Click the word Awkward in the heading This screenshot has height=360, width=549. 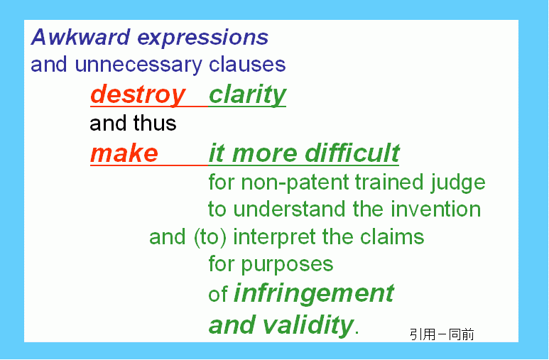click(80, 37)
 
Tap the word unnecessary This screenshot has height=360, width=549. click(138, 65)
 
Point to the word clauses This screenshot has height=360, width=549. click(247, 65)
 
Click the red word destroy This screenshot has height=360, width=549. click(138, 95)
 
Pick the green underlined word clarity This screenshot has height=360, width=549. click(248, 95)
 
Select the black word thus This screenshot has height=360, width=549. click(154, 124)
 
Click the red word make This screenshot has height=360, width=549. click(124, 154)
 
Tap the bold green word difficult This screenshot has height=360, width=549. click(352, 153)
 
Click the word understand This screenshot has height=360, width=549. click(290, 209)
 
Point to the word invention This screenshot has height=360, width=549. click(435, 209)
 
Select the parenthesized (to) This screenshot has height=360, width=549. click(210, 237)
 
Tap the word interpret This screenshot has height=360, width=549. click(274, 237)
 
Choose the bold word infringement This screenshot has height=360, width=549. click(314, 293)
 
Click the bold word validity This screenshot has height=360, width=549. click(308, 324)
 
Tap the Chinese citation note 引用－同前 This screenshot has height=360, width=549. click(442, 334)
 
